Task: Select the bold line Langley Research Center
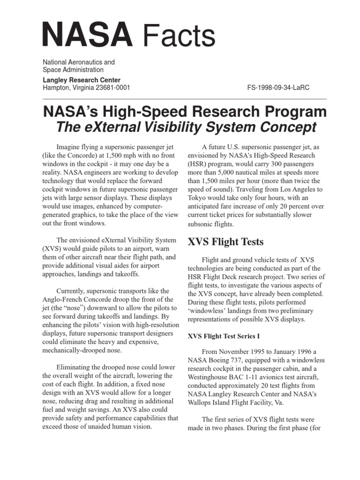[82, 80]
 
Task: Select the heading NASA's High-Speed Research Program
[185, 112]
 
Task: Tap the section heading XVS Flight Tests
[225, 242]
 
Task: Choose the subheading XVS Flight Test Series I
[224, 336]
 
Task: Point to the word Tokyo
[197, 198]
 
